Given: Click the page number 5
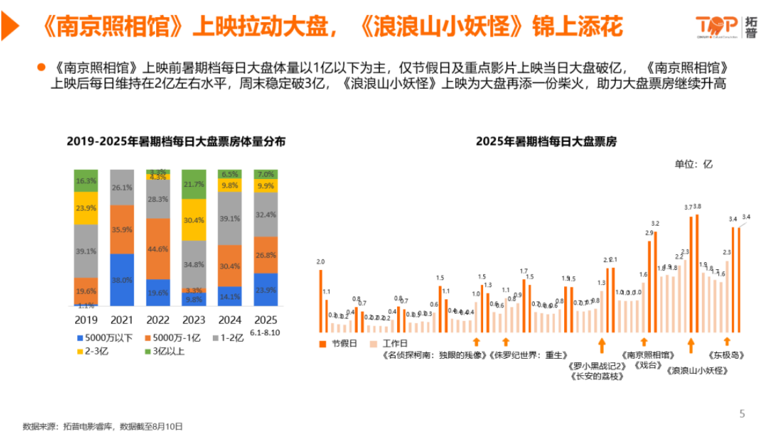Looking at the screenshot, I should click(x=741, y=413).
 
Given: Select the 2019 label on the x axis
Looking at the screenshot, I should click(x=86, y=320).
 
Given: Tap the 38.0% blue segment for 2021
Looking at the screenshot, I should click(x=121, y=280).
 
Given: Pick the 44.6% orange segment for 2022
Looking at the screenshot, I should click(x=157, y=248).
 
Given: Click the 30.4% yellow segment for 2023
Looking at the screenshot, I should click(x=193, y=220).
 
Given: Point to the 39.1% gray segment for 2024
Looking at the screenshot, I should click(x=229, y=219).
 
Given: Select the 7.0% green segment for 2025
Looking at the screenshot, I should click(x=265, y=175).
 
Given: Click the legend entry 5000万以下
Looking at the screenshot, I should click(x=104, y=338).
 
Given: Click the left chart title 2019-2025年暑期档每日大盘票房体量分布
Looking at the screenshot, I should click(x=176, y=142).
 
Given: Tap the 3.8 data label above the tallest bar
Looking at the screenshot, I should click(x=697, y=207).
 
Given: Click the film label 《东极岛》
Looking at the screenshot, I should click(x=727, y=356).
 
